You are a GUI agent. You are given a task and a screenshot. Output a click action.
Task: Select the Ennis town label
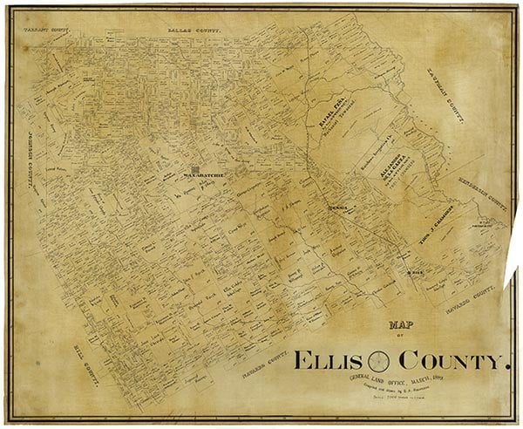pyautogui.click(x=338, y=208)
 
